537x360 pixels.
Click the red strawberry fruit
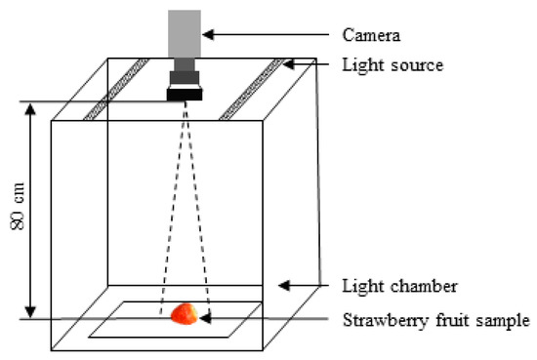coord(184,313)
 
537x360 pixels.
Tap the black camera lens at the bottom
coord(185,95)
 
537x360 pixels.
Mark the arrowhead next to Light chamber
coord(283,286)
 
